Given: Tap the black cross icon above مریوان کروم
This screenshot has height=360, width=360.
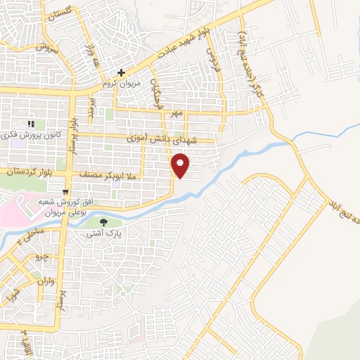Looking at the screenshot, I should pyautogui.click(x=121, y=72).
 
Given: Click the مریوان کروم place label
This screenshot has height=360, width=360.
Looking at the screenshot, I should pyautogui.click(x=117, y=83).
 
